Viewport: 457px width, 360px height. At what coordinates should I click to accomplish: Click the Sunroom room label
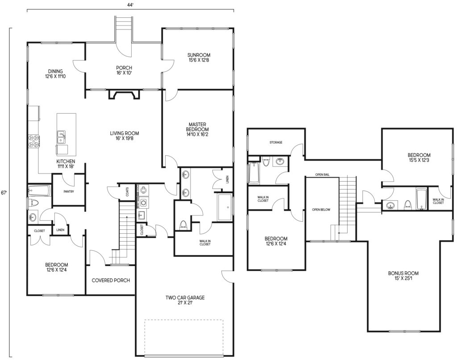pyautogui.click(x=199, y=58)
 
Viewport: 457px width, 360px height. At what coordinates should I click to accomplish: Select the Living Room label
pyautogui.click(x=124, y=136)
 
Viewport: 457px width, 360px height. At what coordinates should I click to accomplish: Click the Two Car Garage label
pyautogui.click(x=185, y=300)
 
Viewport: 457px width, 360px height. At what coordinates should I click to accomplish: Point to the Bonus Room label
pyautogui.click(x=403, y=276)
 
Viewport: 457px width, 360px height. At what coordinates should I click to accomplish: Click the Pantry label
pyautogui.click(x=68, y=192)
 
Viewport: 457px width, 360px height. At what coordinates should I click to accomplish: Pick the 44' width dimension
pyautogui.click(x=130, y=5)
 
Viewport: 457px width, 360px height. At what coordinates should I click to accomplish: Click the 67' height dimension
pyautogui.click(x=4, y=193)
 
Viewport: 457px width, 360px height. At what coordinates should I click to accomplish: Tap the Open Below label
pyautogui.click(x=321, y=210)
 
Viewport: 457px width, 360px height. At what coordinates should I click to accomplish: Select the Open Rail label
pyautogui.click(x=322, y=175)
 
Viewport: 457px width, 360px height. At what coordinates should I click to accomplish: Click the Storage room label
pyautogui.click(x=276, y=142)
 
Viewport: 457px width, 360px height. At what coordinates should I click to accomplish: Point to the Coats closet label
pyautogui.click(x=127, y=192)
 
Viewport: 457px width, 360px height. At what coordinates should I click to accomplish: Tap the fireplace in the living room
pyautogui.click(x=124, y=95)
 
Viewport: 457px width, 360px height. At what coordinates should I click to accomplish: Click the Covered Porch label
pyautogui.click(x=111, y=280)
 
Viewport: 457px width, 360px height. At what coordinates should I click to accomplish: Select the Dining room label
pyautogui.click(x=55, y=74)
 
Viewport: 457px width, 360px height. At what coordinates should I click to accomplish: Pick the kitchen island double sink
pyautogui.click(x=61, y=137)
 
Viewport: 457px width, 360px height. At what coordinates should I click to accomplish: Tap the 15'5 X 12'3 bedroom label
pyautogui.click(x=419, y=157)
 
